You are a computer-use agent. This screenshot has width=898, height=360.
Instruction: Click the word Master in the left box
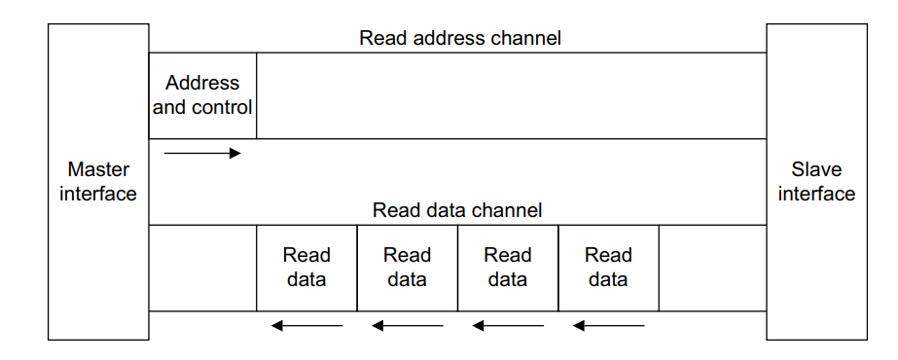[98, 169]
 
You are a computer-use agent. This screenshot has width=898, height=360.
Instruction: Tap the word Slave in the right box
[816, 169]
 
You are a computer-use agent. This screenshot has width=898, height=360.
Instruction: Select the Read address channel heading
[460, 38]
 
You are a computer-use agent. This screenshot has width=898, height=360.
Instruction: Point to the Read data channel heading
[457, 210]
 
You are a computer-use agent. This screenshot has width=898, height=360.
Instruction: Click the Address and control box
[202, 95]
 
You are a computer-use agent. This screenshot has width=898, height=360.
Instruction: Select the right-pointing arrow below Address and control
[202, 153]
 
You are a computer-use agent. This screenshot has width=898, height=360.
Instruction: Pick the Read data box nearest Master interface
[306, 268]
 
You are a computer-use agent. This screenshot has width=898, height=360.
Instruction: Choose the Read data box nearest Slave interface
[608, 268]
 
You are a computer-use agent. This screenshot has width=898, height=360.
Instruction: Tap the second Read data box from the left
[407, 268]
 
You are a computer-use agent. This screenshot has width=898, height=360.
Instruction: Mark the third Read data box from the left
[507, 268]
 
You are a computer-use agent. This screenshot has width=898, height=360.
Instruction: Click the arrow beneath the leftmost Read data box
[306, 325]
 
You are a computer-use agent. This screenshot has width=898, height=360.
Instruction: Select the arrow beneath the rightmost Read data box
[608, 325]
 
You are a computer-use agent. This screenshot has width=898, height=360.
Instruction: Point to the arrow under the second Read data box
[407, 325]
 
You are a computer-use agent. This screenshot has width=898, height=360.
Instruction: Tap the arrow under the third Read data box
[507, 325]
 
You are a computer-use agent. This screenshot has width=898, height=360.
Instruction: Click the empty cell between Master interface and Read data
[202, 268]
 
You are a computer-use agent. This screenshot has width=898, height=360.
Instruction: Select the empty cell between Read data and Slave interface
[712, 268]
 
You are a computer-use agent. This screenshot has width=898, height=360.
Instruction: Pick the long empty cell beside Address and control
[511, 95]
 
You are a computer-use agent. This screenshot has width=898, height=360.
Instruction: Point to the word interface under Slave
[816, 194]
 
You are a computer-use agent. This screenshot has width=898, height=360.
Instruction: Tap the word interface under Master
[98, 194]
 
